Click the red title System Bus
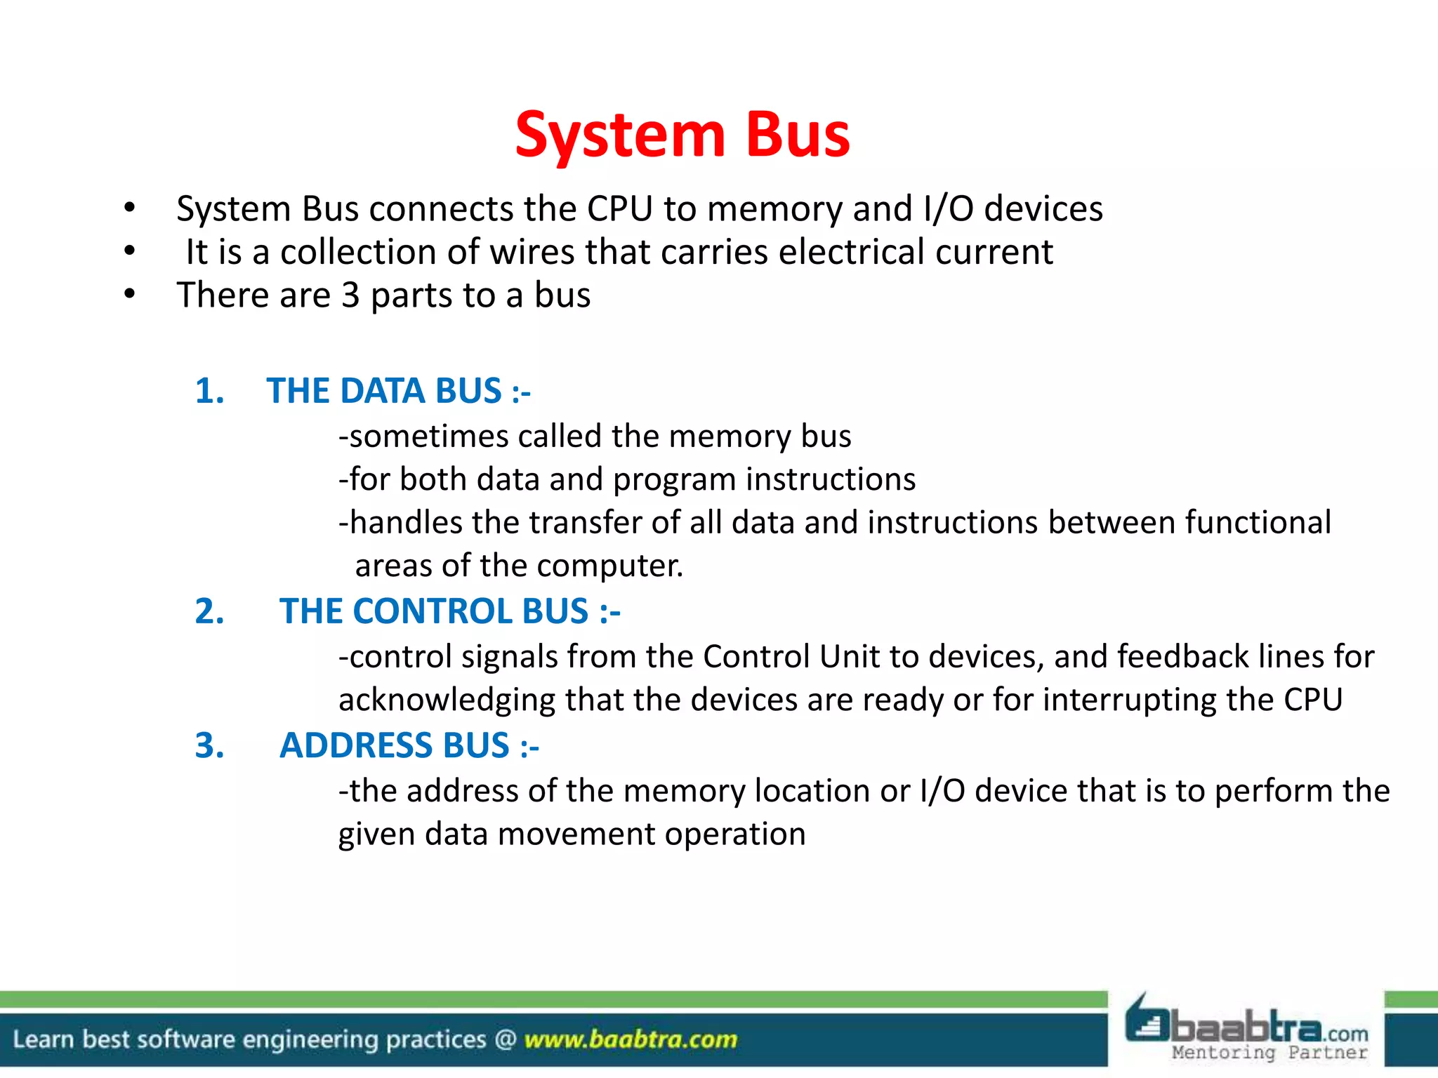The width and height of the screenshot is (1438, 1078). coord(682,135)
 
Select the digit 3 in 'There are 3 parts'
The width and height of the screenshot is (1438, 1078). coord(350,295)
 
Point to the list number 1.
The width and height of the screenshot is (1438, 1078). coord(209,391)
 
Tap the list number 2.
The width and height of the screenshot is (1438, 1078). coord(209,611)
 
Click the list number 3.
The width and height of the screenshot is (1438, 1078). coord(209,745)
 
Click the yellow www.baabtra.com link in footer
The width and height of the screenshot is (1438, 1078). coord(631,1039)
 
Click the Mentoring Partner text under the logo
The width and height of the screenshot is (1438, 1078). coord(1269,1053)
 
